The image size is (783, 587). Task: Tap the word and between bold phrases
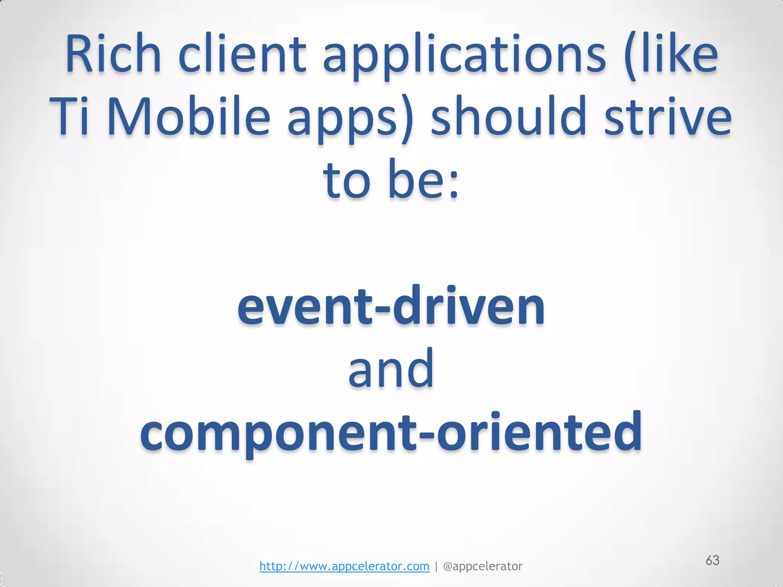(391, 369)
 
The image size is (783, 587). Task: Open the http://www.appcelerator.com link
(344, 566)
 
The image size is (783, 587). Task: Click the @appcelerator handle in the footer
(482, 566)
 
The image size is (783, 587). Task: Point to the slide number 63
(712, 560)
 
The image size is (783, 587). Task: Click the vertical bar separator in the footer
(436, 566)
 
